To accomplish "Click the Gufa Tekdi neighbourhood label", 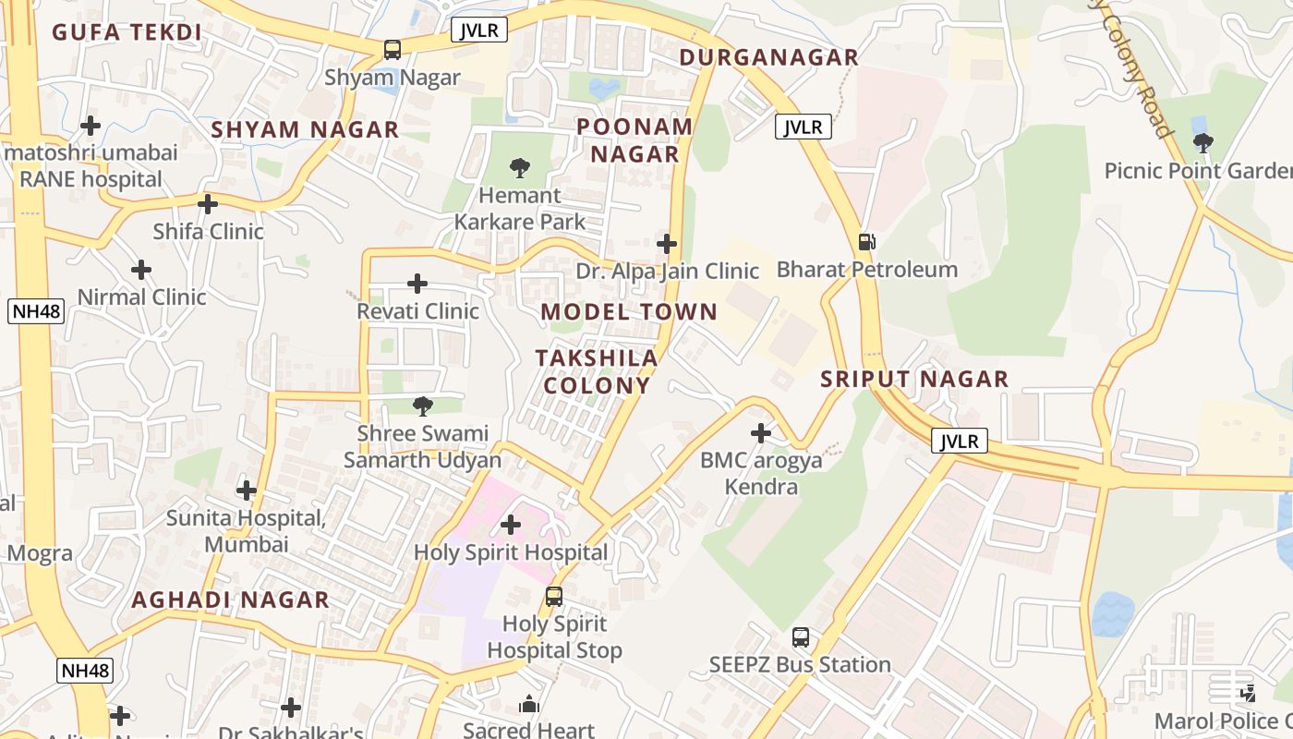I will [127, 32].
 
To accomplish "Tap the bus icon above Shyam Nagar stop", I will [393, 50].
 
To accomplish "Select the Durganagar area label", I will [769, 57].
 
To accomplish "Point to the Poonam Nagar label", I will [634, 140].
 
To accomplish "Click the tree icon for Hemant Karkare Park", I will [520, 168].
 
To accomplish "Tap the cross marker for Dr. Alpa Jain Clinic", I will [667, 244].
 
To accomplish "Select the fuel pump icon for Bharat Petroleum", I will [866, 242].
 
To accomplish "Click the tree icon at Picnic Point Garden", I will [1202, 143].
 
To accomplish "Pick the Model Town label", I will [629, 312].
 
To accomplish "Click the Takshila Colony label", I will [598, 371].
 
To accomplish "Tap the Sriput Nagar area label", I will [914, 379].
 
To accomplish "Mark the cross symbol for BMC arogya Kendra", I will [761, 432].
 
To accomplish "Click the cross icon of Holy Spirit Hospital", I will [511, 525].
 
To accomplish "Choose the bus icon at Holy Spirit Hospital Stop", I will [554, 597].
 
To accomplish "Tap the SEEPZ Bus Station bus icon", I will [801, 637].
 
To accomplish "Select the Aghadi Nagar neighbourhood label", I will [230, 600].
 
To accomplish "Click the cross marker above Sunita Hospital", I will [247, 491].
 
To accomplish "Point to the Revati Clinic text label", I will [418, 311].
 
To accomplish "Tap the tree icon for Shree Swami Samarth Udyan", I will [422, 406].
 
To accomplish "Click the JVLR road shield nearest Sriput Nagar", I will [959, 442].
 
